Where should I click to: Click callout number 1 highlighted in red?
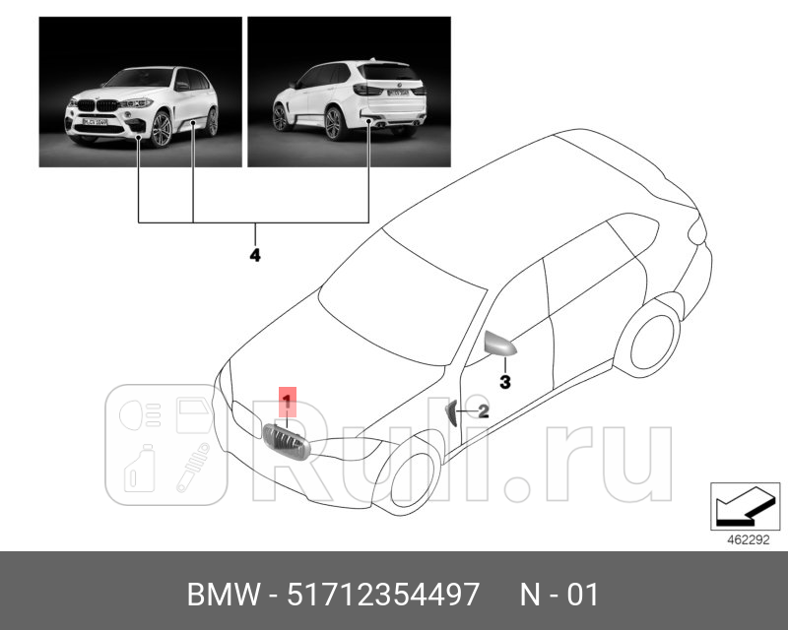(288, 401)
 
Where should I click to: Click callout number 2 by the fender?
(484, 411)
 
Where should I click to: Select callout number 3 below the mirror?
(503, 380)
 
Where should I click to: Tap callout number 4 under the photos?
(254, 255)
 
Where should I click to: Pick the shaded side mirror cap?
(500, 345)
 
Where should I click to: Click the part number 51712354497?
(383, 595)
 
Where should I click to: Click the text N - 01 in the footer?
(559, 595)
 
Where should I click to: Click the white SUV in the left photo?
(143, 108)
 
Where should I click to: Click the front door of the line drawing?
(512, 394)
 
